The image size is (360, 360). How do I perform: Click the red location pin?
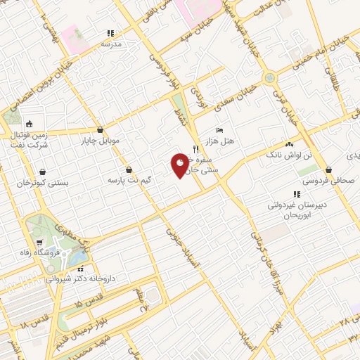pyautogui.click(x=180, y=165)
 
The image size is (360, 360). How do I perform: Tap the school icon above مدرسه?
pyautogui.click(x=110, y=33)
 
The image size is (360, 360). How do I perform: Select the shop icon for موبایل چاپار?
pyautogui.click(x=100, y=130)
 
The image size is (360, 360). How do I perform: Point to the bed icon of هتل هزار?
pyautogui.click(x=219, y=131)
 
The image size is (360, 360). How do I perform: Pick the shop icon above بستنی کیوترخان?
pyautogui.click(x=44, y=172)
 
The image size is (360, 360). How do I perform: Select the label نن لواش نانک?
pyautogui.click(x=288, y=153)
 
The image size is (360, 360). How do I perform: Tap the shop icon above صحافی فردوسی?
pyautogui.click(x=329, y=169)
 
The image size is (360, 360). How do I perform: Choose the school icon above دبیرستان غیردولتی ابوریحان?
pyautogui.click(x=296, y=194)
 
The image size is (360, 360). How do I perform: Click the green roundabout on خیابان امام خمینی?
pyautogui.click(x=269, y=78)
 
